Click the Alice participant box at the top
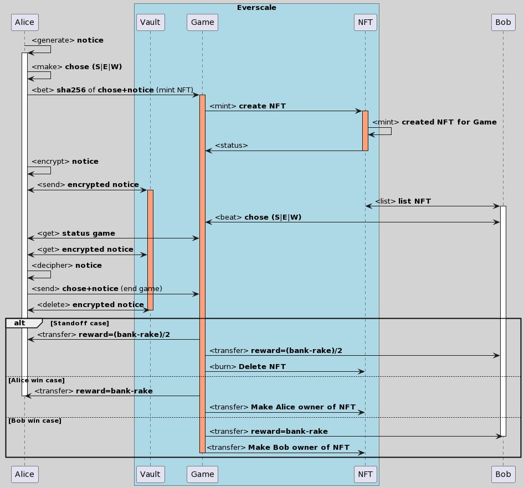tap(24, 22)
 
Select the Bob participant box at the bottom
tap(503, 474)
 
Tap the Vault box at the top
tap(150, 22)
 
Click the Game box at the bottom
tap(202, 474)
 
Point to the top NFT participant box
tap(365, 22)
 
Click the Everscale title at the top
tap(256, 8)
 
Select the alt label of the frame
tap(20, 323)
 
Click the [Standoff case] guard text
tap(80, 323)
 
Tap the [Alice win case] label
tap(37, 380)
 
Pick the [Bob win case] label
tap(34, 420)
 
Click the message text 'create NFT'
tap(262, 106)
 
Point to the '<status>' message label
tap(231, 146)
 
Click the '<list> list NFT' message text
tap(403, 201)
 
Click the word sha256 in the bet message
tap(71, 90)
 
